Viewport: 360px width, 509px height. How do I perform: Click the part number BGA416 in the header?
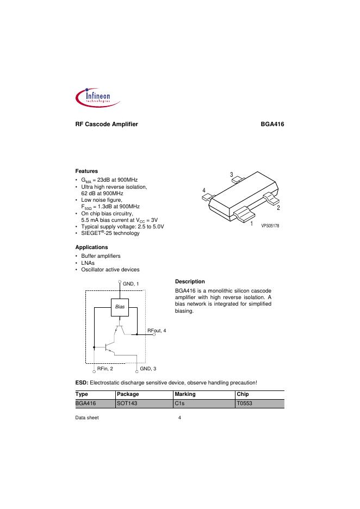tap(273, 125)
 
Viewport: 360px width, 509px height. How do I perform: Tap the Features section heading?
tap(86, 171)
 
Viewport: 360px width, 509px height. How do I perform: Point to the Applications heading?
tap(91, 247)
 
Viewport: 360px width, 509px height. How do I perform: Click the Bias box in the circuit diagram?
tap(119, 308)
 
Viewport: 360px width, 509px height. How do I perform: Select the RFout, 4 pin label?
tap(157, 331)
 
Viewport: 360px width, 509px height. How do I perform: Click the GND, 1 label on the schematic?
tap(131, 284)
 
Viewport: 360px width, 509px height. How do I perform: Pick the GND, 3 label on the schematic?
tap(148, 369)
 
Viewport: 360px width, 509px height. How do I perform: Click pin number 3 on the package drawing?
tap(231, 175)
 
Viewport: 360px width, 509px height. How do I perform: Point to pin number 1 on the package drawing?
tap(252, 223)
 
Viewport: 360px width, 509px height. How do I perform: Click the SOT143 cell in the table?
tap(126, 404)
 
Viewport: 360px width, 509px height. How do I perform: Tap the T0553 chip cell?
tap(245, 404)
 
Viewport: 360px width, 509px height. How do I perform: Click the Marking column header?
tap(185, 394)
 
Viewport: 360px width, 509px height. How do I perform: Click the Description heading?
tap(190, 281)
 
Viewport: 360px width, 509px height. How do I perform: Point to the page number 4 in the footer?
tap(179, 418)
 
